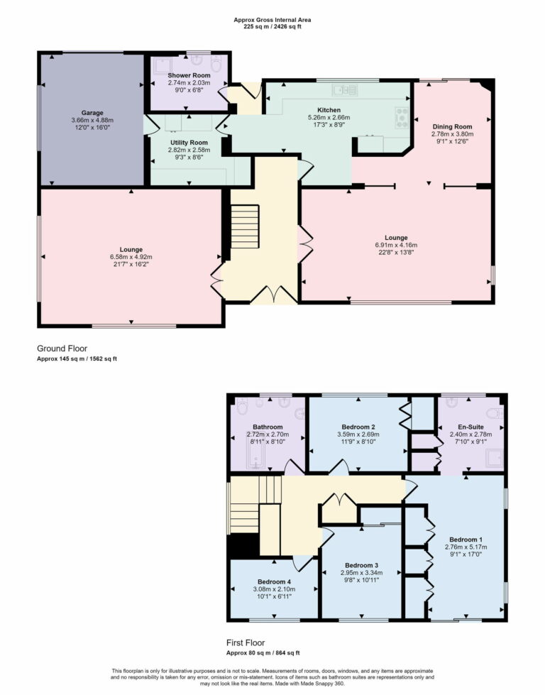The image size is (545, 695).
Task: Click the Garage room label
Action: (x=92, y=113)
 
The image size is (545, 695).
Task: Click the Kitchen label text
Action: (x=329, y=109)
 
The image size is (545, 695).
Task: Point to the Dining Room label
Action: (x=452, y=126)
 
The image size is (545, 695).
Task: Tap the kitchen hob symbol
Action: (x=402, y=115)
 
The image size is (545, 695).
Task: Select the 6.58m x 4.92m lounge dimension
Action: (x=131, y=257)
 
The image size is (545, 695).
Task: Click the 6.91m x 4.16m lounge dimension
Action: (x=396, y=245)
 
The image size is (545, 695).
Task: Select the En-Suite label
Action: (x=470, y=427)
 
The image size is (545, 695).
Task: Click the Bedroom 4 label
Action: (x=273, y=580)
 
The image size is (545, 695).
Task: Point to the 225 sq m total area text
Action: (x=272, y=27)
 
